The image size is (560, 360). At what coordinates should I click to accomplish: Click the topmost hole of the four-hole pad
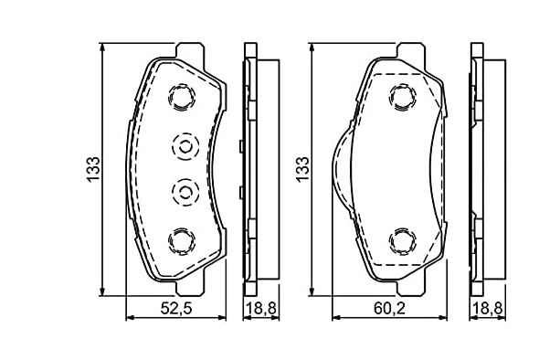pyautogui.click(x=181, y=96)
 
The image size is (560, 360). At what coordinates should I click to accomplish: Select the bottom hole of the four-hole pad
pyautogui.click(x=181, y=240)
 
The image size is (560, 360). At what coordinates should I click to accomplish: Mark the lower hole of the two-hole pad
pyautogui.click(x=401, y=240)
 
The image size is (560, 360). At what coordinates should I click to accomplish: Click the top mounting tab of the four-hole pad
pyautogui.click(x=191, y=49)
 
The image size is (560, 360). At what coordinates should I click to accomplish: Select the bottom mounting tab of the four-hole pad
pyautogui.click(x=191, y=287)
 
